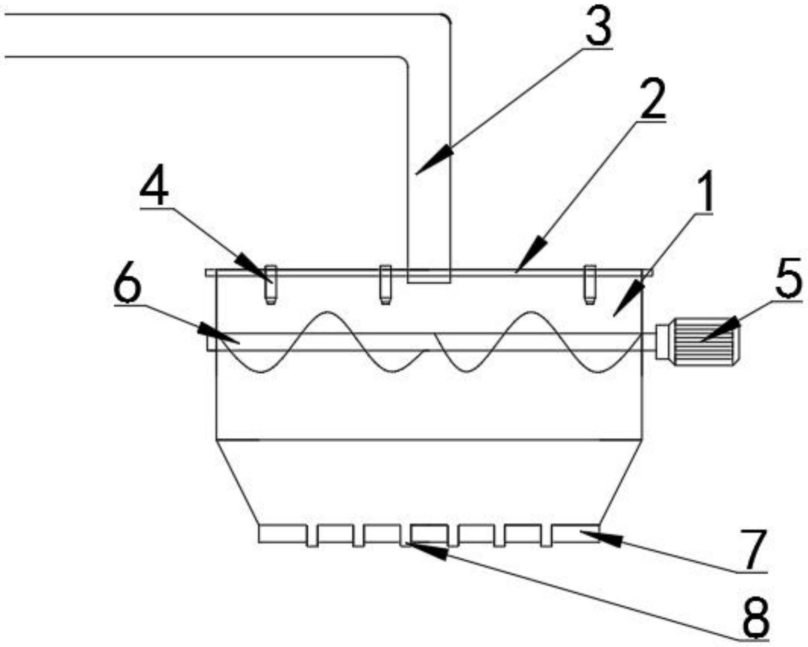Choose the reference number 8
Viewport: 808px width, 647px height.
coord(756,617)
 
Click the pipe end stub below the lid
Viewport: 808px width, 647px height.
coord(429,277)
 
